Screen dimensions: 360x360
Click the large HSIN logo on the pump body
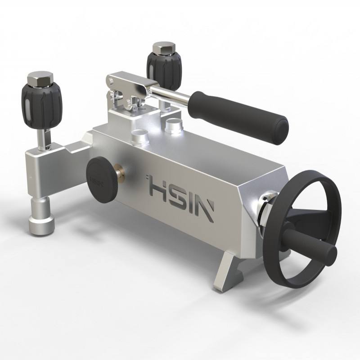(x=180, y=196)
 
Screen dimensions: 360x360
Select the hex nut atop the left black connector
(x=40, y=79)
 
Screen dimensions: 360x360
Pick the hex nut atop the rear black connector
(x=164, y=48)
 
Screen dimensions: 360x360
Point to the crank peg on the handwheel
(x=309, y=241)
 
